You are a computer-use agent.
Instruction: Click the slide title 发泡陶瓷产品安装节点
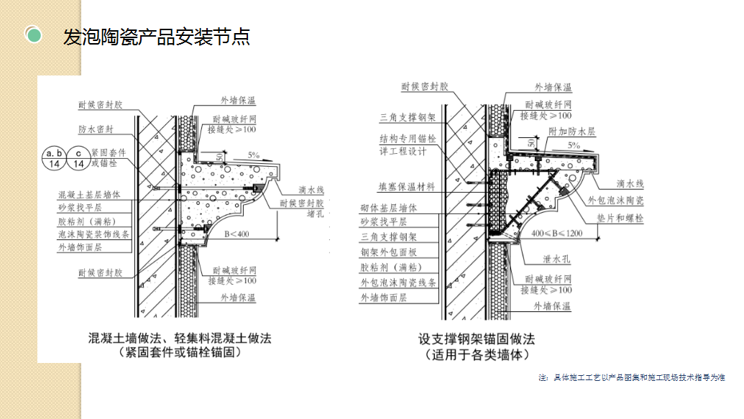click(x=157, y=37)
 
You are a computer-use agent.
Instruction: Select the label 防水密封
click(x=96, y=131)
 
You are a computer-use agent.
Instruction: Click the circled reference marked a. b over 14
click(x=53, y=158)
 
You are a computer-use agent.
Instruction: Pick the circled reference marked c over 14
click(x=79, y=158)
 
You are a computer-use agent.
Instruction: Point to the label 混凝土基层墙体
click(x=91, y=194)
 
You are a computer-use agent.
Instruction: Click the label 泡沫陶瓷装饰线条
click(x=95, y=234)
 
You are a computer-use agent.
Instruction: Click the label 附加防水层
click(x=572, y=132)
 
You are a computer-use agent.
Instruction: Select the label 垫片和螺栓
click(x=619, y=218)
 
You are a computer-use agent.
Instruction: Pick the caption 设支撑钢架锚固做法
click(x=477, y=338)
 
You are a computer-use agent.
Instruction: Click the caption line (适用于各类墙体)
click(x=477, y=354)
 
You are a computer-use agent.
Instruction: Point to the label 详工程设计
click(x=403, y=152)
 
